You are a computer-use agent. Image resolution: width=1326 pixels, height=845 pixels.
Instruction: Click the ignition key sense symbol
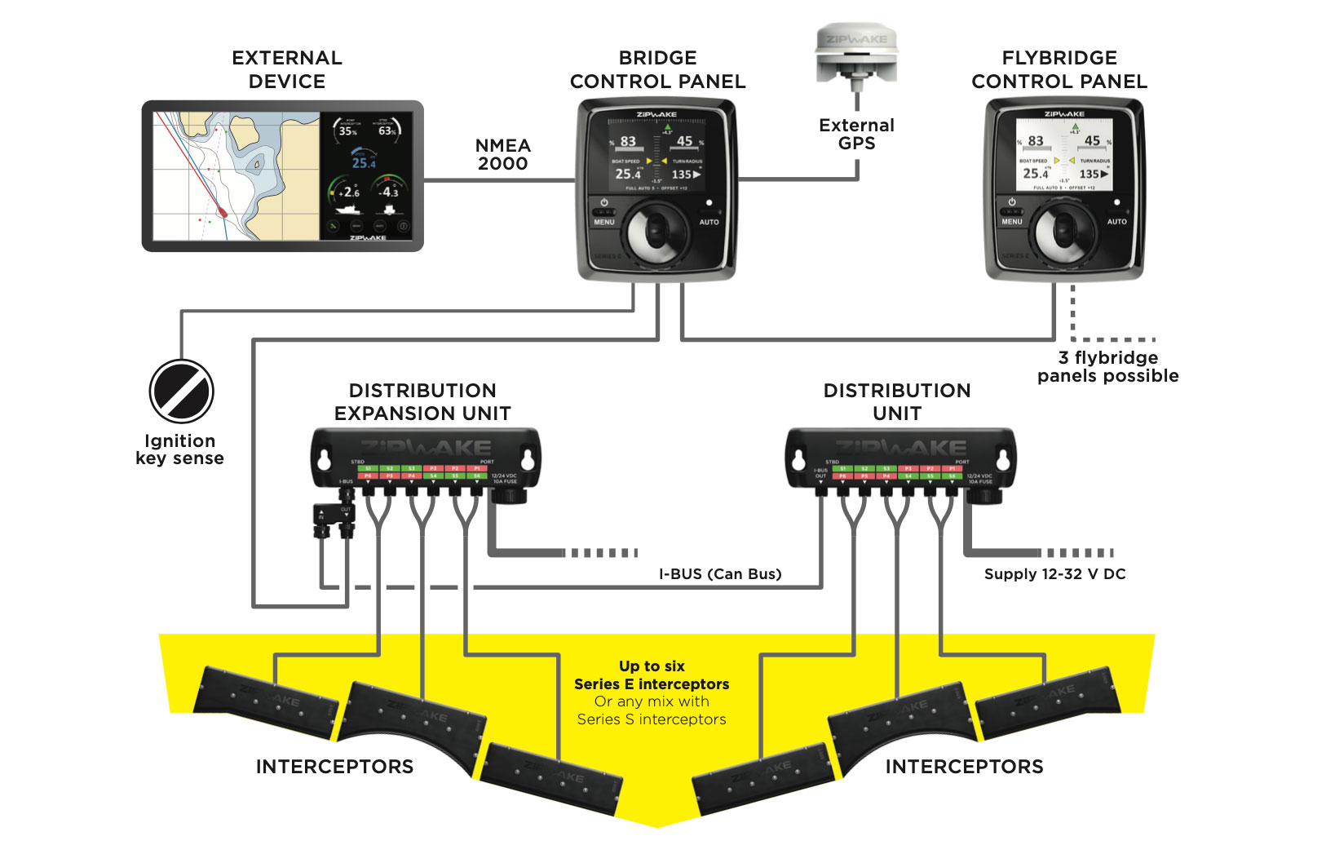[181, 392]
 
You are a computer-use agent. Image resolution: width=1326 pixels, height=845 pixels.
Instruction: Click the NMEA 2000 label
[502, 154]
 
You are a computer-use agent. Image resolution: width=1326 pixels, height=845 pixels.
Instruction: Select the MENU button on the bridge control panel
[604, 222]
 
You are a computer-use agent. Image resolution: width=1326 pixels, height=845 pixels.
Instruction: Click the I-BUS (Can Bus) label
[720, 574]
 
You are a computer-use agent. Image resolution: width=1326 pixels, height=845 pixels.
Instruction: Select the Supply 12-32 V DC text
[1054, 574]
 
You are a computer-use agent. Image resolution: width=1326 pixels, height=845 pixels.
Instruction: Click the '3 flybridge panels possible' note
[1107, 367]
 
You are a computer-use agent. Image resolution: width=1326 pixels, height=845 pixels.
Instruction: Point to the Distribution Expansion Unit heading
[422, 402]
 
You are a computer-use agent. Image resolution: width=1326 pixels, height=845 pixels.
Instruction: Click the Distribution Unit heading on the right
[897, 402]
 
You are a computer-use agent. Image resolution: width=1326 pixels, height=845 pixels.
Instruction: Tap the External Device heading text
[287, 69]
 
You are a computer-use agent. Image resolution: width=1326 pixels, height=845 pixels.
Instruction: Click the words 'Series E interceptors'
[652, 684]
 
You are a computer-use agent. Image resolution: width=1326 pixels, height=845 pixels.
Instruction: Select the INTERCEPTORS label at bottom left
[334, 767]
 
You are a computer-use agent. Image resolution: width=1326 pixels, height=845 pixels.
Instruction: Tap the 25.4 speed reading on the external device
[364, 163]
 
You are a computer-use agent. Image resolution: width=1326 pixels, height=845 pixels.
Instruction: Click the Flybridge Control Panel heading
[1059, 69]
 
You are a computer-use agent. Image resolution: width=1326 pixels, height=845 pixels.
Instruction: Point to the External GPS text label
[856, 135]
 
